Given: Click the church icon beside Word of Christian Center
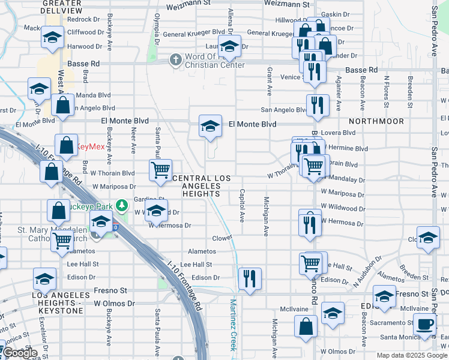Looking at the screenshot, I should pyautogui.click(x=175, y=59).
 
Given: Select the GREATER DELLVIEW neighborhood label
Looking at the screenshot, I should pyautogui.click(x=62, y=7).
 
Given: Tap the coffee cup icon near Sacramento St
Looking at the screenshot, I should pyautogui.click(x=425, y=325).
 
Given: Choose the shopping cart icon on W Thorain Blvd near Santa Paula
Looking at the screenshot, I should pyautogui.click(x=160, y=170).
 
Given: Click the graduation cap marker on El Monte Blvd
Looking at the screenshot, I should pyautogui.click(x=210, y=126).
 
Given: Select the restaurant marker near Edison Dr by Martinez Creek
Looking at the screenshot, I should pyautogui.click(x=249, y=278).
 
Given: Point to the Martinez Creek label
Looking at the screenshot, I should pyautogui.click(x=234, y=327).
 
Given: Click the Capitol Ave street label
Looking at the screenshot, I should pyautogui.click(x=242, y=206).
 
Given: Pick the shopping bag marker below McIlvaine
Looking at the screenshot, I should pyautogui.click(x=306, y=326).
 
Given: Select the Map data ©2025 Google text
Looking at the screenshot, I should pyautogui.click(x=412, y=355).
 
